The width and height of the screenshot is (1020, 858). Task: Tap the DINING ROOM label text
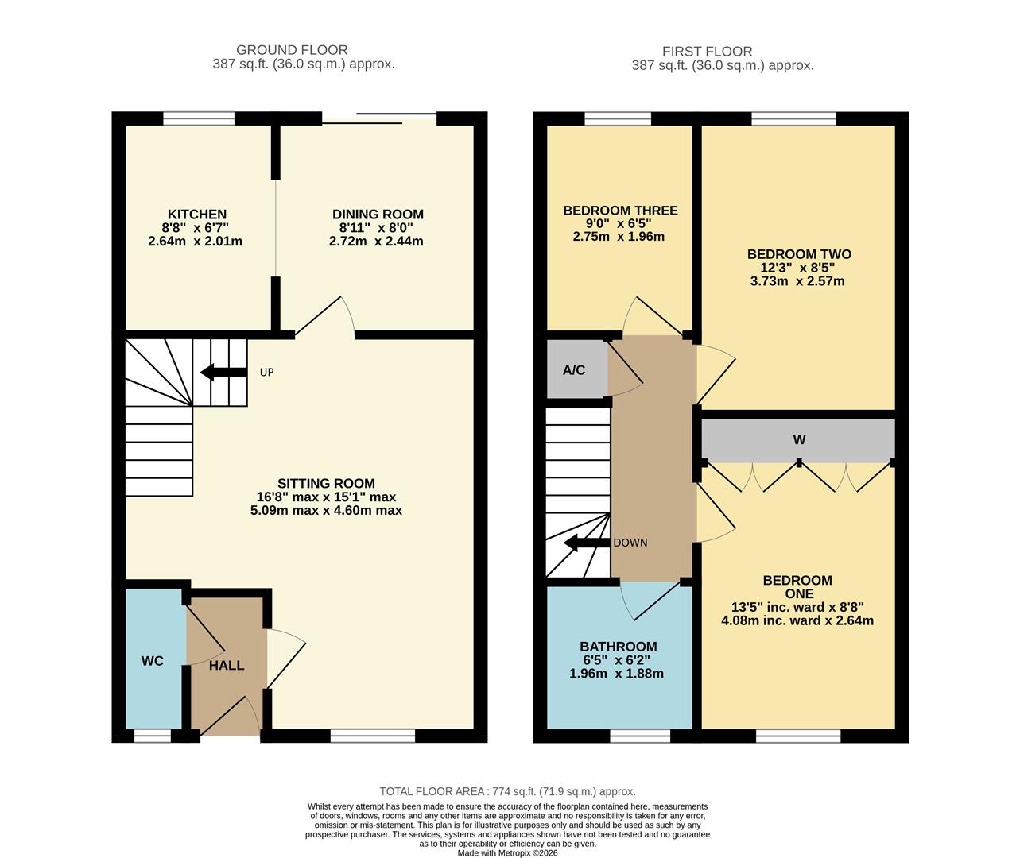(378, 214)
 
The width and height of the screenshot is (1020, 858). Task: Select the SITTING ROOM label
(326, 483)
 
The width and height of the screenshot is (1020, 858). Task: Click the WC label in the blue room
(153, 661)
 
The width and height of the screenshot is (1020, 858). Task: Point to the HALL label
(227, 665)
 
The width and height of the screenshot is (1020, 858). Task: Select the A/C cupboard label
(574, 370)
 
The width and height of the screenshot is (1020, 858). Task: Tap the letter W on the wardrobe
(799, 440)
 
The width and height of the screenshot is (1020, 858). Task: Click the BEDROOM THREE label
(620, 211)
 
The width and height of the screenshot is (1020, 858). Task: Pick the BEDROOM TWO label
(799, 254)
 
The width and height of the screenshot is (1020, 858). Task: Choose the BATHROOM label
(618, 647)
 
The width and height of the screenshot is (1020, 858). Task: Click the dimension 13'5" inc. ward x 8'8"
(797, 607)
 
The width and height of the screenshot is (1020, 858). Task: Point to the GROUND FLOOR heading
(292, 50)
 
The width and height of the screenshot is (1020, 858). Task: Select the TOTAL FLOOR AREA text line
(507, 791)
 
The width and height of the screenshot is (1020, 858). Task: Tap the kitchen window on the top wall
(199, 118)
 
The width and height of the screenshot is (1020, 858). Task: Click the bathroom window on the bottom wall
(640, 736)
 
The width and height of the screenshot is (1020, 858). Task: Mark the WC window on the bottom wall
(152, 736)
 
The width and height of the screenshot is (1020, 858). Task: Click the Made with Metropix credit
(507, 853)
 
